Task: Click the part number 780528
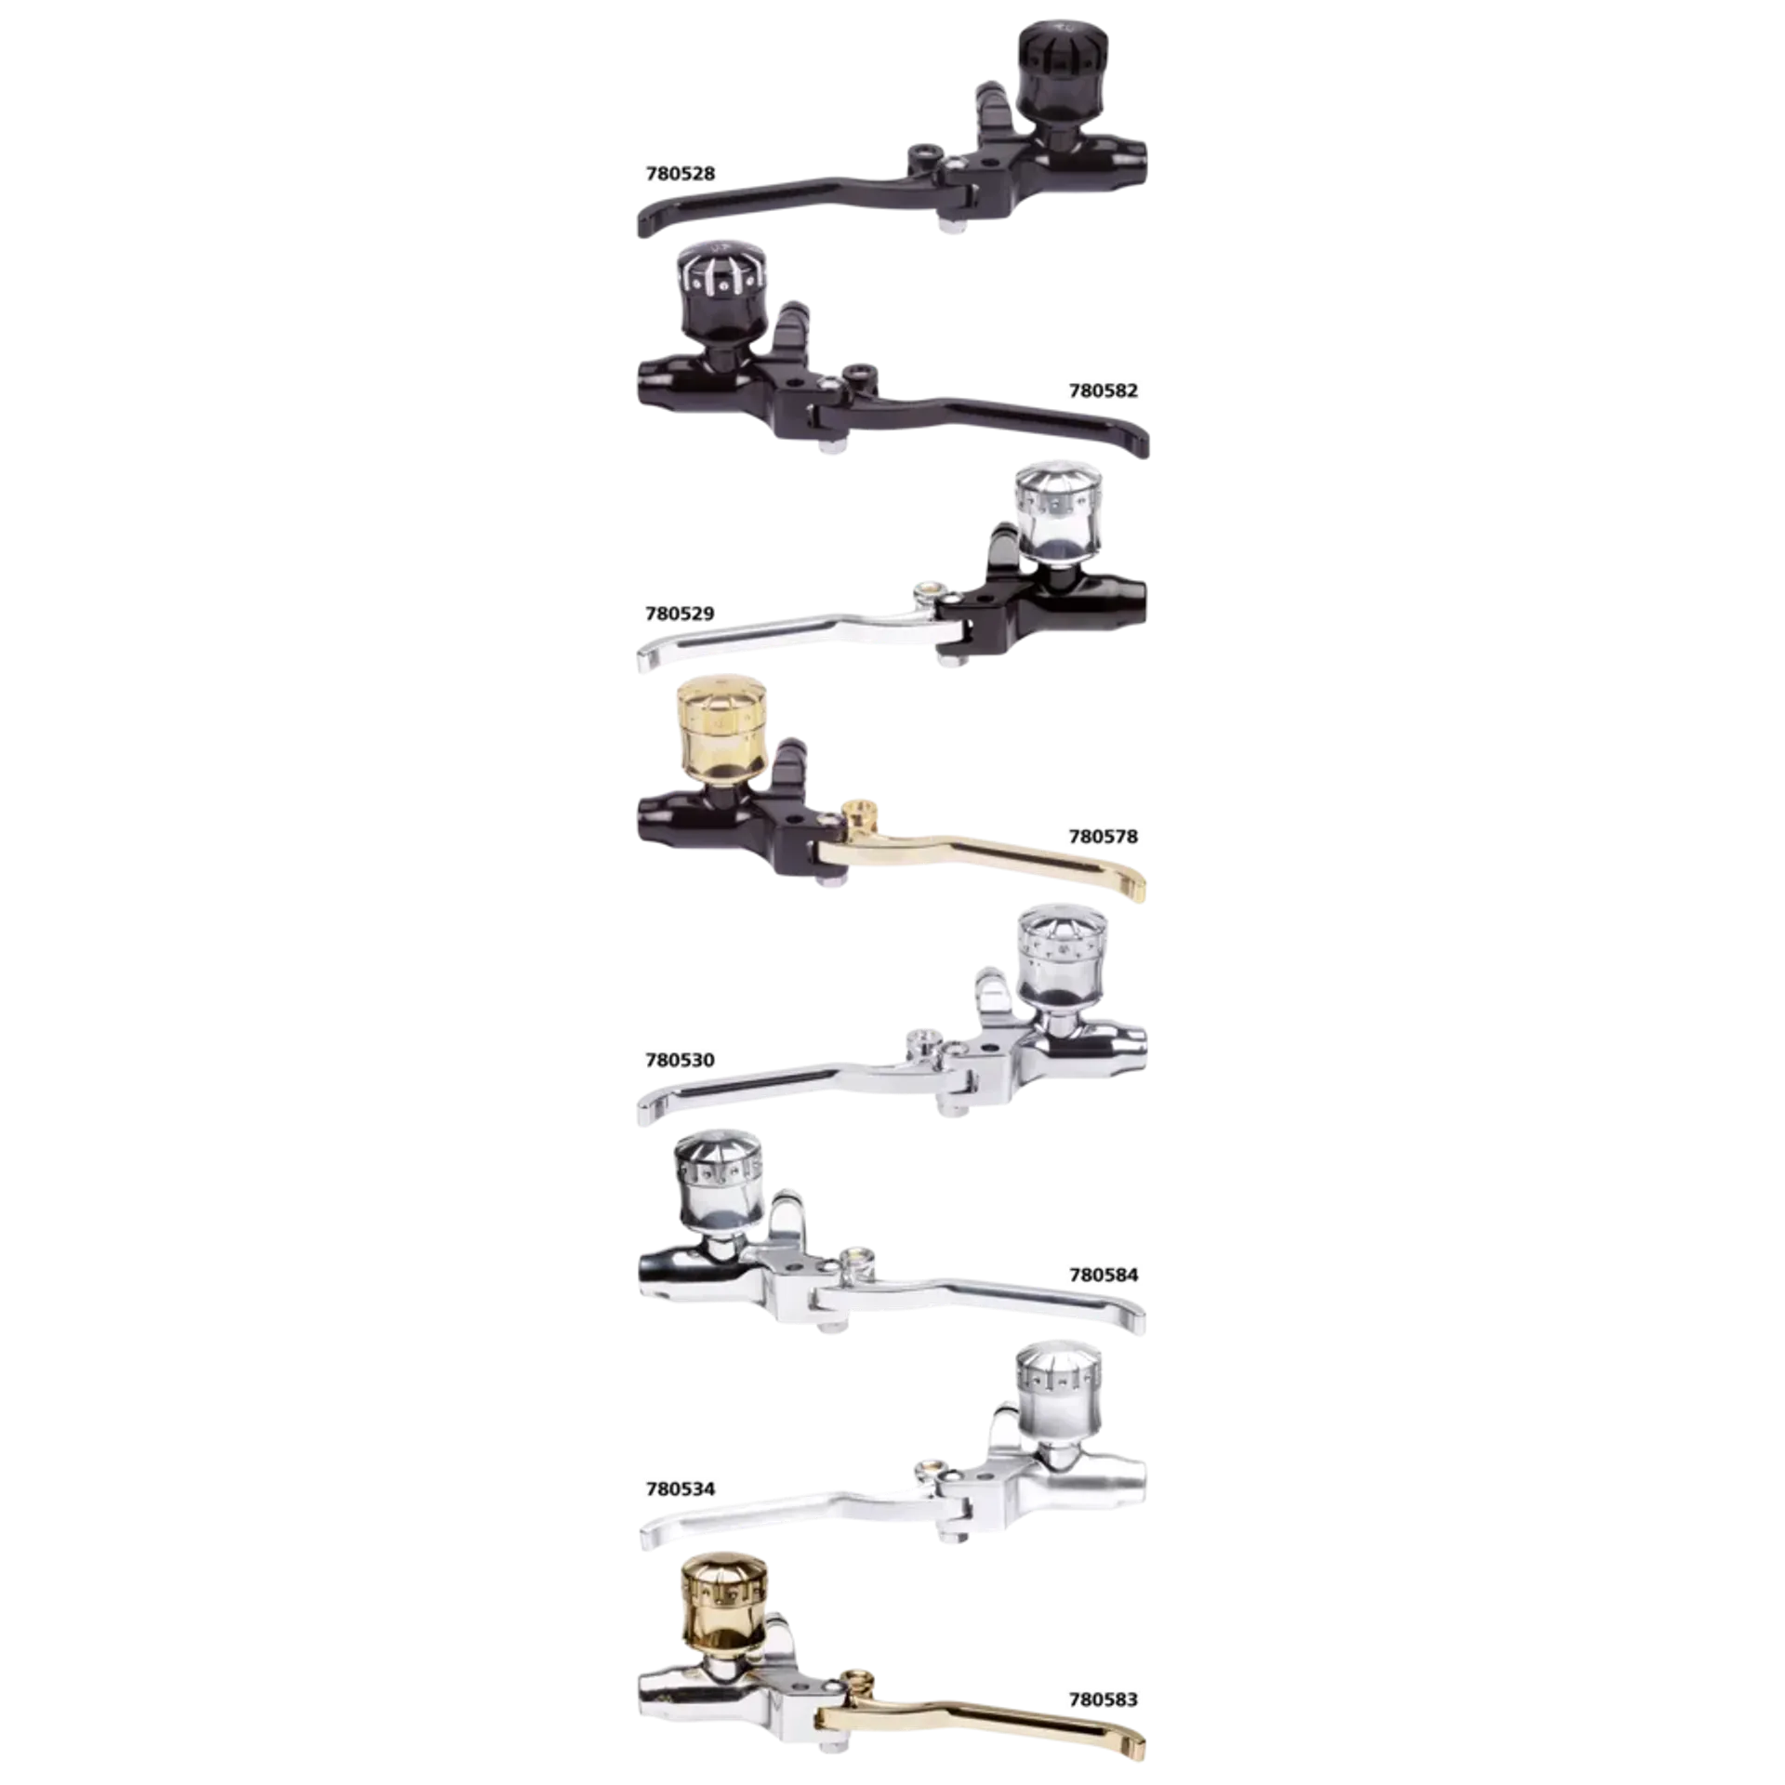[680, 174]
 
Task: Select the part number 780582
[1103, 390]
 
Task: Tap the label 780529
[680, 614]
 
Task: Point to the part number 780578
[1103, 837]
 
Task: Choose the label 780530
[680, 1060]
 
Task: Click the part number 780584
[1103, 1275]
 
